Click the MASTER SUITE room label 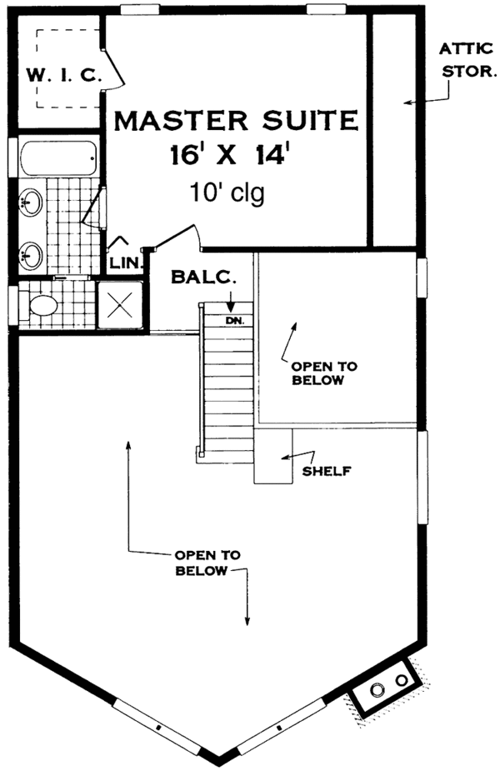tap(236, 121)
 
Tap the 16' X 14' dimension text tap(227, 155)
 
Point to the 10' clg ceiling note tap(227, 193)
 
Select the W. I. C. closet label tap(64, 75)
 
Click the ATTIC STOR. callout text tap(467, 59)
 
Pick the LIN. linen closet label tap(126, 263)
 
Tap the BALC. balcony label tap(203, 278)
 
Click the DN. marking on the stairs tap(236, 321)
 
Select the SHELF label tap(327, 471)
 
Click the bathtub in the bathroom tap(58, 158)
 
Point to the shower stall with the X tap(121, 305)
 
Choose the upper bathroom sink tap(32, 202)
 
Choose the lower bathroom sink tap(32, 256)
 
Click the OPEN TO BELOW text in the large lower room tap(207, 563)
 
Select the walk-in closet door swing tap(113, 69)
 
